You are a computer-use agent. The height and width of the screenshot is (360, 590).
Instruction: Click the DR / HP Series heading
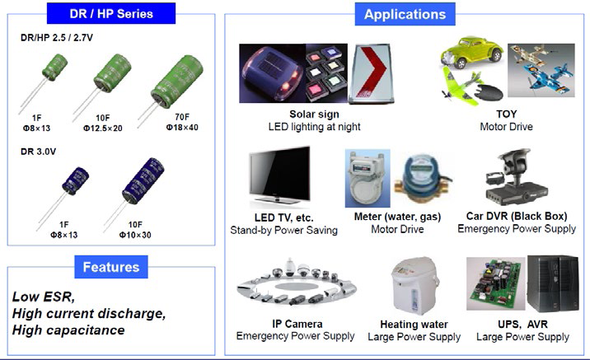coord(111,13)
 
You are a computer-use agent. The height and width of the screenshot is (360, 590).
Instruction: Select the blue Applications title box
coord(405,14)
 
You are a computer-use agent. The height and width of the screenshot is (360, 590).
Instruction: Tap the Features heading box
coord(111,267)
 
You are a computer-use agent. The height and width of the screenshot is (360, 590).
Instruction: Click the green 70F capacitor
coord(177,82)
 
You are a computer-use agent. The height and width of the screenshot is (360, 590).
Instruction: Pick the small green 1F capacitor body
coord(55,67)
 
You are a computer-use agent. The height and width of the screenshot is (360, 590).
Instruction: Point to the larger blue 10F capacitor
coord(143,181)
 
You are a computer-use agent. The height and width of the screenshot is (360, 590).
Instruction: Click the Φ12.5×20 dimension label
coord(103,129)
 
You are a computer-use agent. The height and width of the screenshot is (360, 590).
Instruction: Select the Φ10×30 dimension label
coord(135,235)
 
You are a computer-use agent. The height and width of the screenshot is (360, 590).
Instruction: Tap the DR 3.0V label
coord(38,152)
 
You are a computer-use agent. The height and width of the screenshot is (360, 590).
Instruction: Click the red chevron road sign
coord(371,74)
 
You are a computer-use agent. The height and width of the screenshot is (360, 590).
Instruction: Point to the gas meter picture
coord(368,178)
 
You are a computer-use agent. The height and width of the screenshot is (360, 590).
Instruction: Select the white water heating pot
coord(414,286)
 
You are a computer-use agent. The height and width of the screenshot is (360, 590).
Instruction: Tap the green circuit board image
coord(495,283)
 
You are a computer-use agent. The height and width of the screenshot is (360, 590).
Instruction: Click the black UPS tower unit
coord(553,283)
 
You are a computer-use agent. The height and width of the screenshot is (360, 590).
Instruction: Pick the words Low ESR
coord(44,297)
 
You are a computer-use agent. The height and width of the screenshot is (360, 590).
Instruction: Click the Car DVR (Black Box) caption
coord(517,217)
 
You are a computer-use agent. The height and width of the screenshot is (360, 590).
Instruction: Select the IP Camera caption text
coord(297,324)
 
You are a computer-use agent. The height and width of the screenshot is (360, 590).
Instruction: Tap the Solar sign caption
coord(314,115)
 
